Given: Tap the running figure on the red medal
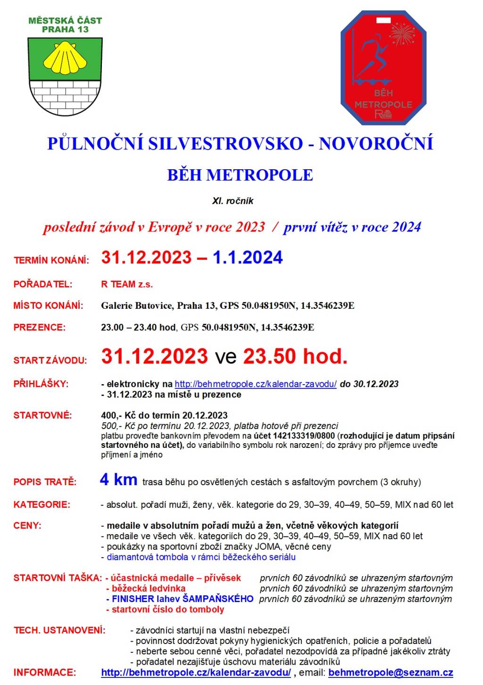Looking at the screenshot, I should click(373, 57).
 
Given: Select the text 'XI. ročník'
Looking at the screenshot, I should click(233, 201).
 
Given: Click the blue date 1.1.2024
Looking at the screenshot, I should click(248, 257).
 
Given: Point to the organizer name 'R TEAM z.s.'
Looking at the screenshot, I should click(127, 284).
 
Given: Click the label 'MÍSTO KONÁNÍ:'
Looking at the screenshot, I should click(48, 305).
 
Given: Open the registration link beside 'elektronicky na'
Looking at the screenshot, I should click(256, 384).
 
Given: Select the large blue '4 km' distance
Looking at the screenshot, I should click(118, 480).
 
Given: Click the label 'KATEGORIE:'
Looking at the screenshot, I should click(42, 504).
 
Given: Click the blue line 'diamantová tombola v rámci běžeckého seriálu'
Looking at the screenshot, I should click(201, 557).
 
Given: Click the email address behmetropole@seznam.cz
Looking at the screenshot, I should click(391, 673).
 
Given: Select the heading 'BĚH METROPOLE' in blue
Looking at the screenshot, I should click(240, 175).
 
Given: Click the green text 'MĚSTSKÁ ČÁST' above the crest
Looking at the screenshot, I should click(65, 20).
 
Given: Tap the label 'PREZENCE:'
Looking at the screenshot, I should click(40, 327).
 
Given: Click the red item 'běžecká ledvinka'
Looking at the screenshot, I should click(148, 588).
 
